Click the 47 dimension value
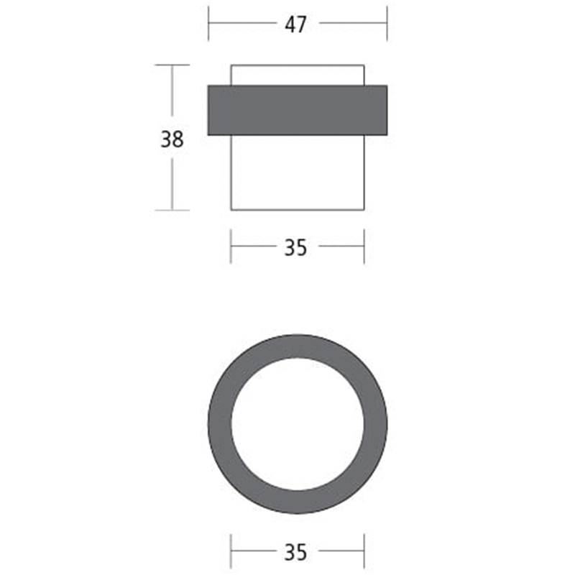click(x=295, y=24)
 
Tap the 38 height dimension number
click(x=172, y=139)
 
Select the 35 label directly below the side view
click(x=295, y=247)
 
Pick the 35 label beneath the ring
click(x=295, y=552)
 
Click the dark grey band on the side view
click(x=298, y=110)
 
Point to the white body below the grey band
click(x=298, y=172)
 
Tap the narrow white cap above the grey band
click(x=298, y=75)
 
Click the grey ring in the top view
click(x=219, y=424)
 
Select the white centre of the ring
click(x=298, y=424)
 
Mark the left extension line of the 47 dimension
click(x=208, y=23)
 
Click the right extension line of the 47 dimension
click(x=387, y=23)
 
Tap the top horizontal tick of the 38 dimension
click(x=172, y=65)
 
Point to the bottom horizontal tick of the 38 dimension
click(x=172, y=211)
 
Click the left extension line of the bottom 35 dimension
click(x=231, y=552)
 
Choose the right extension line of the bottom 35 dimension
click(x=364, y=552)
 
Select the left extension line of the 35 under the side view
click(x=231, y=247)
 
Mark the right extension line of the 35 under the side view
click(x=364, y=247)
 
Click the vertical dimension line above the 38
click(x=172, y=93)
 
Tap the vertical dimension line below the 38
click(x=172, y=183)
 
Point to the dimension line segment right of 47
click(x=352, y=23)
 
